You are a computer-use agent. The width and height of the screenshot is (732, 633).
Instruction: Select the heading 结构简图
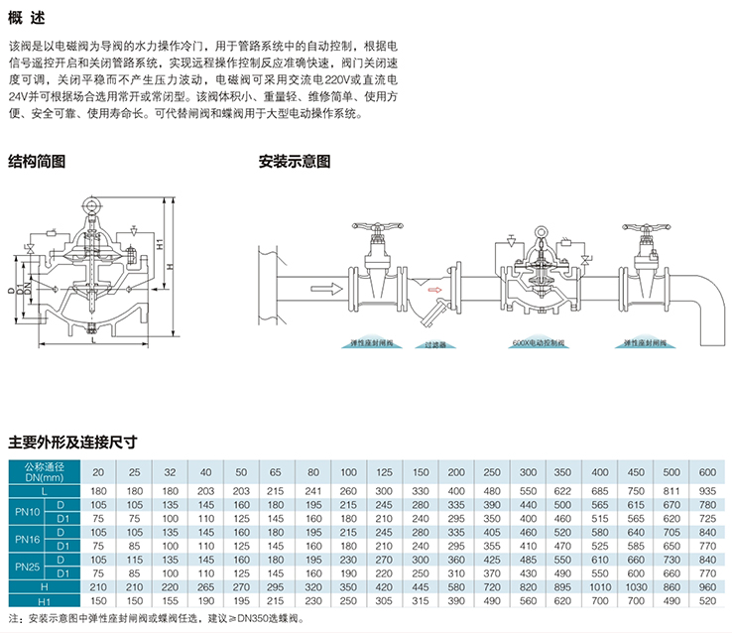tap(37, 161)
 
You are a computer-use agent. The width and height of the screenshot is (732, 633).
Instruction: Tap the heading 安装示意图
tap(295, 161)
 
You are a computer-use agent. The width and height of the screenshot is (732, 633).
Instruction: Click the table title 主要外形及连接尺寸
tap(71, 442)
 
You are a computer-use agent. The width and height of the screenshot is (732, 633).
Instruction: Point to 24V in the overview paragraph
tap(20, 97)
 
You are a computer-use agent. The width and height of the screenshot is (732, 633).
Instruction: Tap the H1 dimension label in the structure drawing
tap(160, 242)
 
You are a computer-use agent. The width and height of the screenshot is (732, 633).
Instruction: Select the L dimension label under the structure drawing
tap(91, 342)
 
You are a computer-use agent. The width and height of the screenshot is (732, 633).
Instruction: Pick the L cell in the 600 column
tap(707, 492)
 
